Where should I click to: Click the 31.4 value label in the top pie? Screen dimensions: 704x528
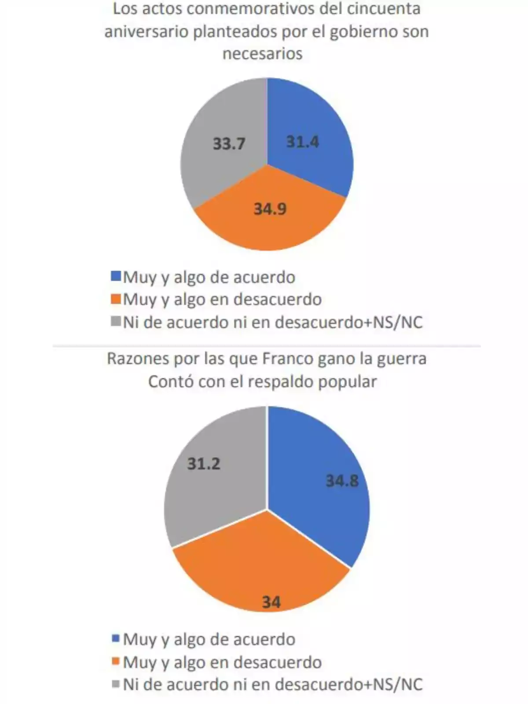coord(303,142)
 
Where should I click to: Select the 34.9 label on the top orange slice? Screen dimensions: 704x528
coord(270,209)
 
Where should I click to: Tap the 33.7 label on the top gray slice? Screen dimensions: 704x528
coord(229,143)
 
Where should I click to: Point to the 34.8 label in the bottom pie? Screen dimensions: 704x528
coord(342,480)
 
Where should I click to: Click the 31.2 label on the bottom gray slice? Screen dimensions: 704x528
coord(204,463)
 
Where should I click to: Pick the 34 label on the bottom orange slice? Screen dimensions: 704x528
coord(271,601)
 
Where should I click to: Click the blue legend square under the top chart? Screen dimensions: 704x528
coord(116,276)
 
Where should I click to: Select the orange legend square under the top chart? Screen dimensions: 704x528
coord(116,299)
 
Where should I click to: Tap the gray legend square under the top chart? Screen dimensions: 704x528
coord(116,322)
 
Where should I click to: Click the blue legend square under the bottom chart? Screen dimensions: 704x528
coord(116,638)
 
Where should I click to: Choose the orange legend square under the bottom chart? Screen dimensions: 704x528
coord(116,661)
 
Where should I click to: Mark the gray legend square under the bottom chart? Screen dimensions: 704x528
coord(116,684)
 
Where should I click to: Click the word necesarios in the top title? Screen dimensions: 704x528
coord(262,54)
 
